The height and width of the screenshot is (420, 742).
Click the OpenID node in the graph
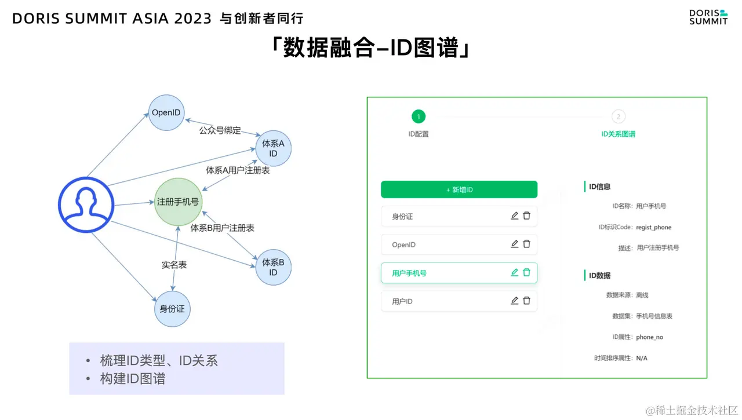tap(166, 112)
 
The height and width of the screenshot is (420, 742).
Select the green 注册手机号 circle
tap(178, 202)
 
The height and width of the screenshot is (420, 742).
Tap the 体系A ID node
tap(273, 148)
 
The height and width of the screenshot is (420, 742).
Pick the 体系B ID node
tap(273, 267)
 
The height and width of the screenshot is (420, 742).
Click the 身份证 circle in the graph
tap(172, 309)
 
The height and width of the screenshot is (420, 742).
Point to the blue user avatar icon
tap(86, 203)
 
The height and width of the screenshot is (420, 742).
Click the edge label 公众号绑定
tap(220, 130)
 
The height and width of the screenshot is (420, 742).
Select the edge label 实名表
tap(174, 265)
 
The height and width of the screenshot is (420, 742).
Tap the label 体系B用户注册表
tap(223, 228)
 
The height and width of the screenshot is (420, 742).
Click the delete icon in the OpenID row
tap(526, 244)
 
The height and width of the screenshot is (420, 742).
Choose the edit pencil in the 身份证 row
tap(514, 216)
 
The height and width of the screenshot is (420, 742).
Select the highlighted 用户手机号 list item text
tap(409, 273)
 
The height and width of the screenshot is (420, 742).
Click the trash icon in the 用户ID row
tap(526, 301)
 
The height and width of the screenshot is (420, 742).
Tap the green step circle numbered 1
tap(419, 116)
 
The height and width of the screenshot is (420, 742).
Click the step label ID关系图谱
tap(618, 134)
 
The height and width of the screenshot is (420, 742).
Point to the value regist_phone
tap(653, 227)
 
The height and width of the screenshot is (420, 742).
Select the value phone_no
tap(649, 337)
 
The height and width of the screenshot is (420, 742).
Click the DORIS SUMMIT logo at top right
tap(708, 17)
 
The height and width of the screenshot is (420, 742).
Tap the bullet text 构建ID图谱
tap(133, 379)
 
